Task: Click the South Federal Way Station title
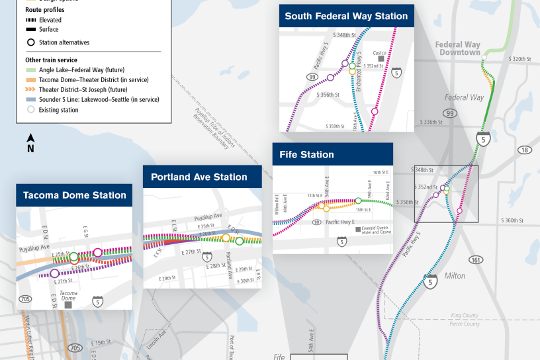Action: click(346, 16)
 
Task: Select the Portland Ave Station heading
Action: click(199, 177)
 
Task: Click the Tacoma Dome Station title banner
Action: click(74, 195)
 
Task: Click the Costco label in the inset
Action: click(379, 53)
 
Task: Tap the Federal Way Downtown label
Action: click(457, 48)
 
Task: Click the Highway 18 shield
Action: click(524, 150)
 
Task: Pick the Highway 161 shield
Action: click(475, 259)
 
